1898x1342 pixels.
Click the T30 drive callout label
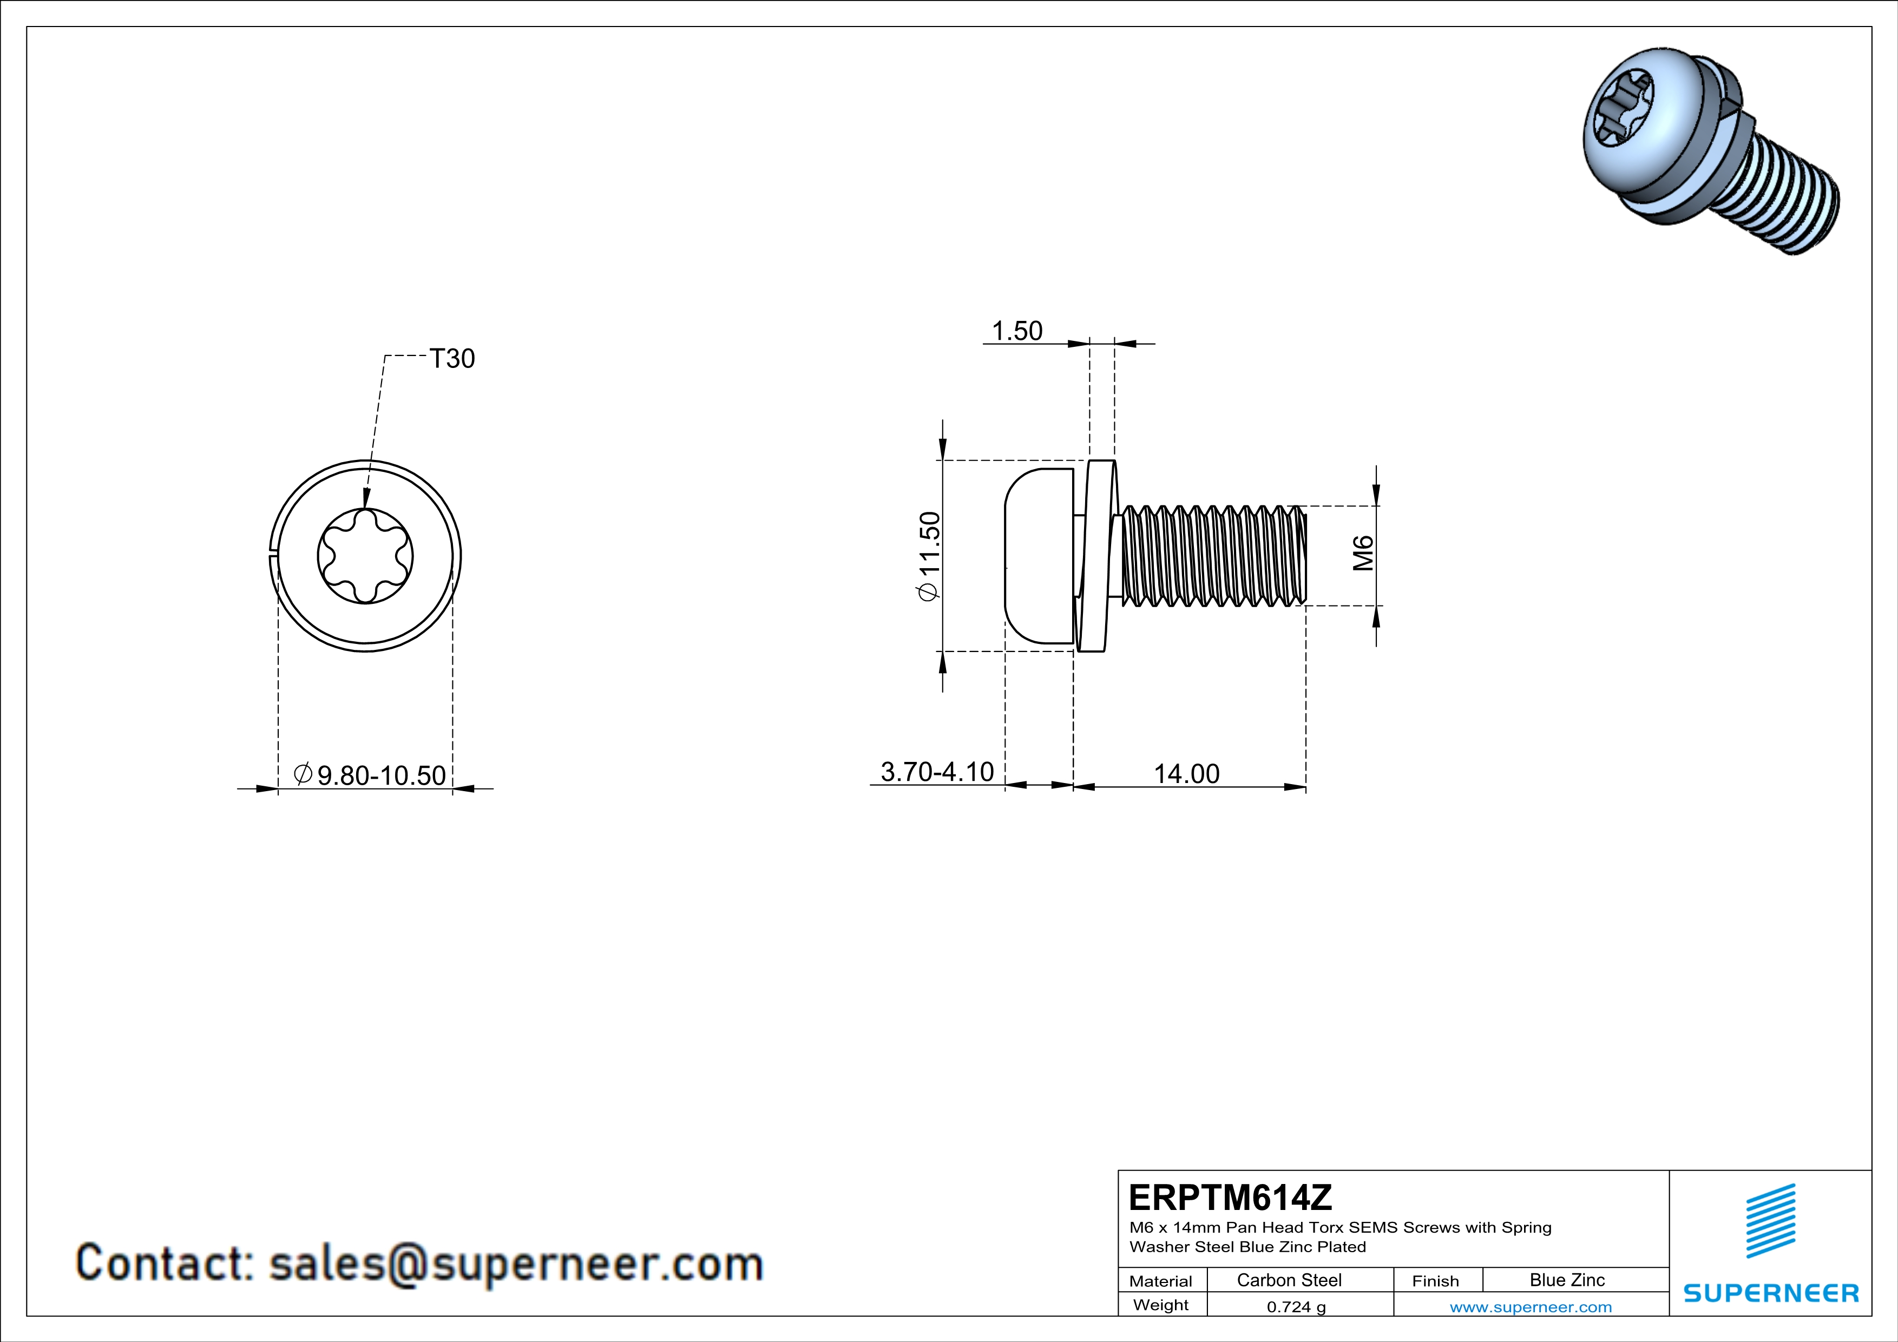452,359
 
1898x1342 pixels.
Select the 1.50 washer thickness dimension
1017,331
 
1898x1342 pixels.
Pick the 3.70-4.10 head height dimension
937,771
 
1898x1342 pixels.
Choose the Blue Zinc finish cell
1567,1280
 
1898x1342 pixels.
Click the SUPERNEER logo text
1771,1293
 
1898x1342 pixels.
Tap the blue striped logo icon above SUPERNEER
1771,1221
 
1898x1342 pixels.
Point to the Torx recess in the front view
365,556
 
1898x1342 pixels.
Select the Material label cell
1161,1281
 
